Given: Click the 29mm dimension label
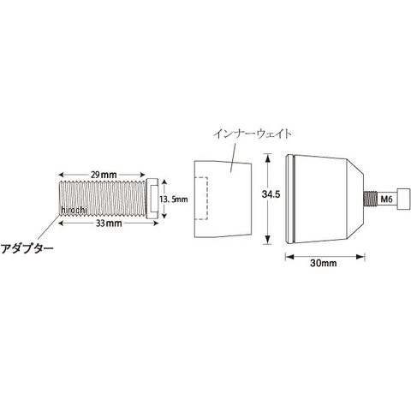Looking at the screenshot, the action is pyautogui.click(x=104, y=175).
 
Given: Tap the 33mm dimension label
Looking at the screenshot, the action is pyautogui.click(x=109, y=223).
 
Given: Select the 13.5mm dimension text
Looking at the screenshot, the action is pyautogui.click(x=174, y=199).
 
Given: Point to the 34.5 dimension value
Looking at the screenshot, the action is pyautogui.click(x=271, y=194).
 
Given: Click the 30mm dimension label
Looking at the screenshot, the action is pyautogui.click(x=324, y=263).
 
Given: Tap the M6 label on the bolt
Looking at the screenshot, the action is pyautogui.click(x=387, y=199).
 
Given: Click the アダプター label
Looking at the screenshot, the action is pyautogui.click(x=27, y=249).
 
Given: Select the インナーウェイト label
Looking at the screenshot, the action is pyautogui.click(x=253, y=134).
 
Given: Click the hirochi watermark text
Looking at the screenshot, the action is pyautogui.click(x=74, y=210).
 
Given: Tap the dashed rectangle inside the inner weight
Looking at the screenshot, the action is pyautogui.click(x=201, y=199).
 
